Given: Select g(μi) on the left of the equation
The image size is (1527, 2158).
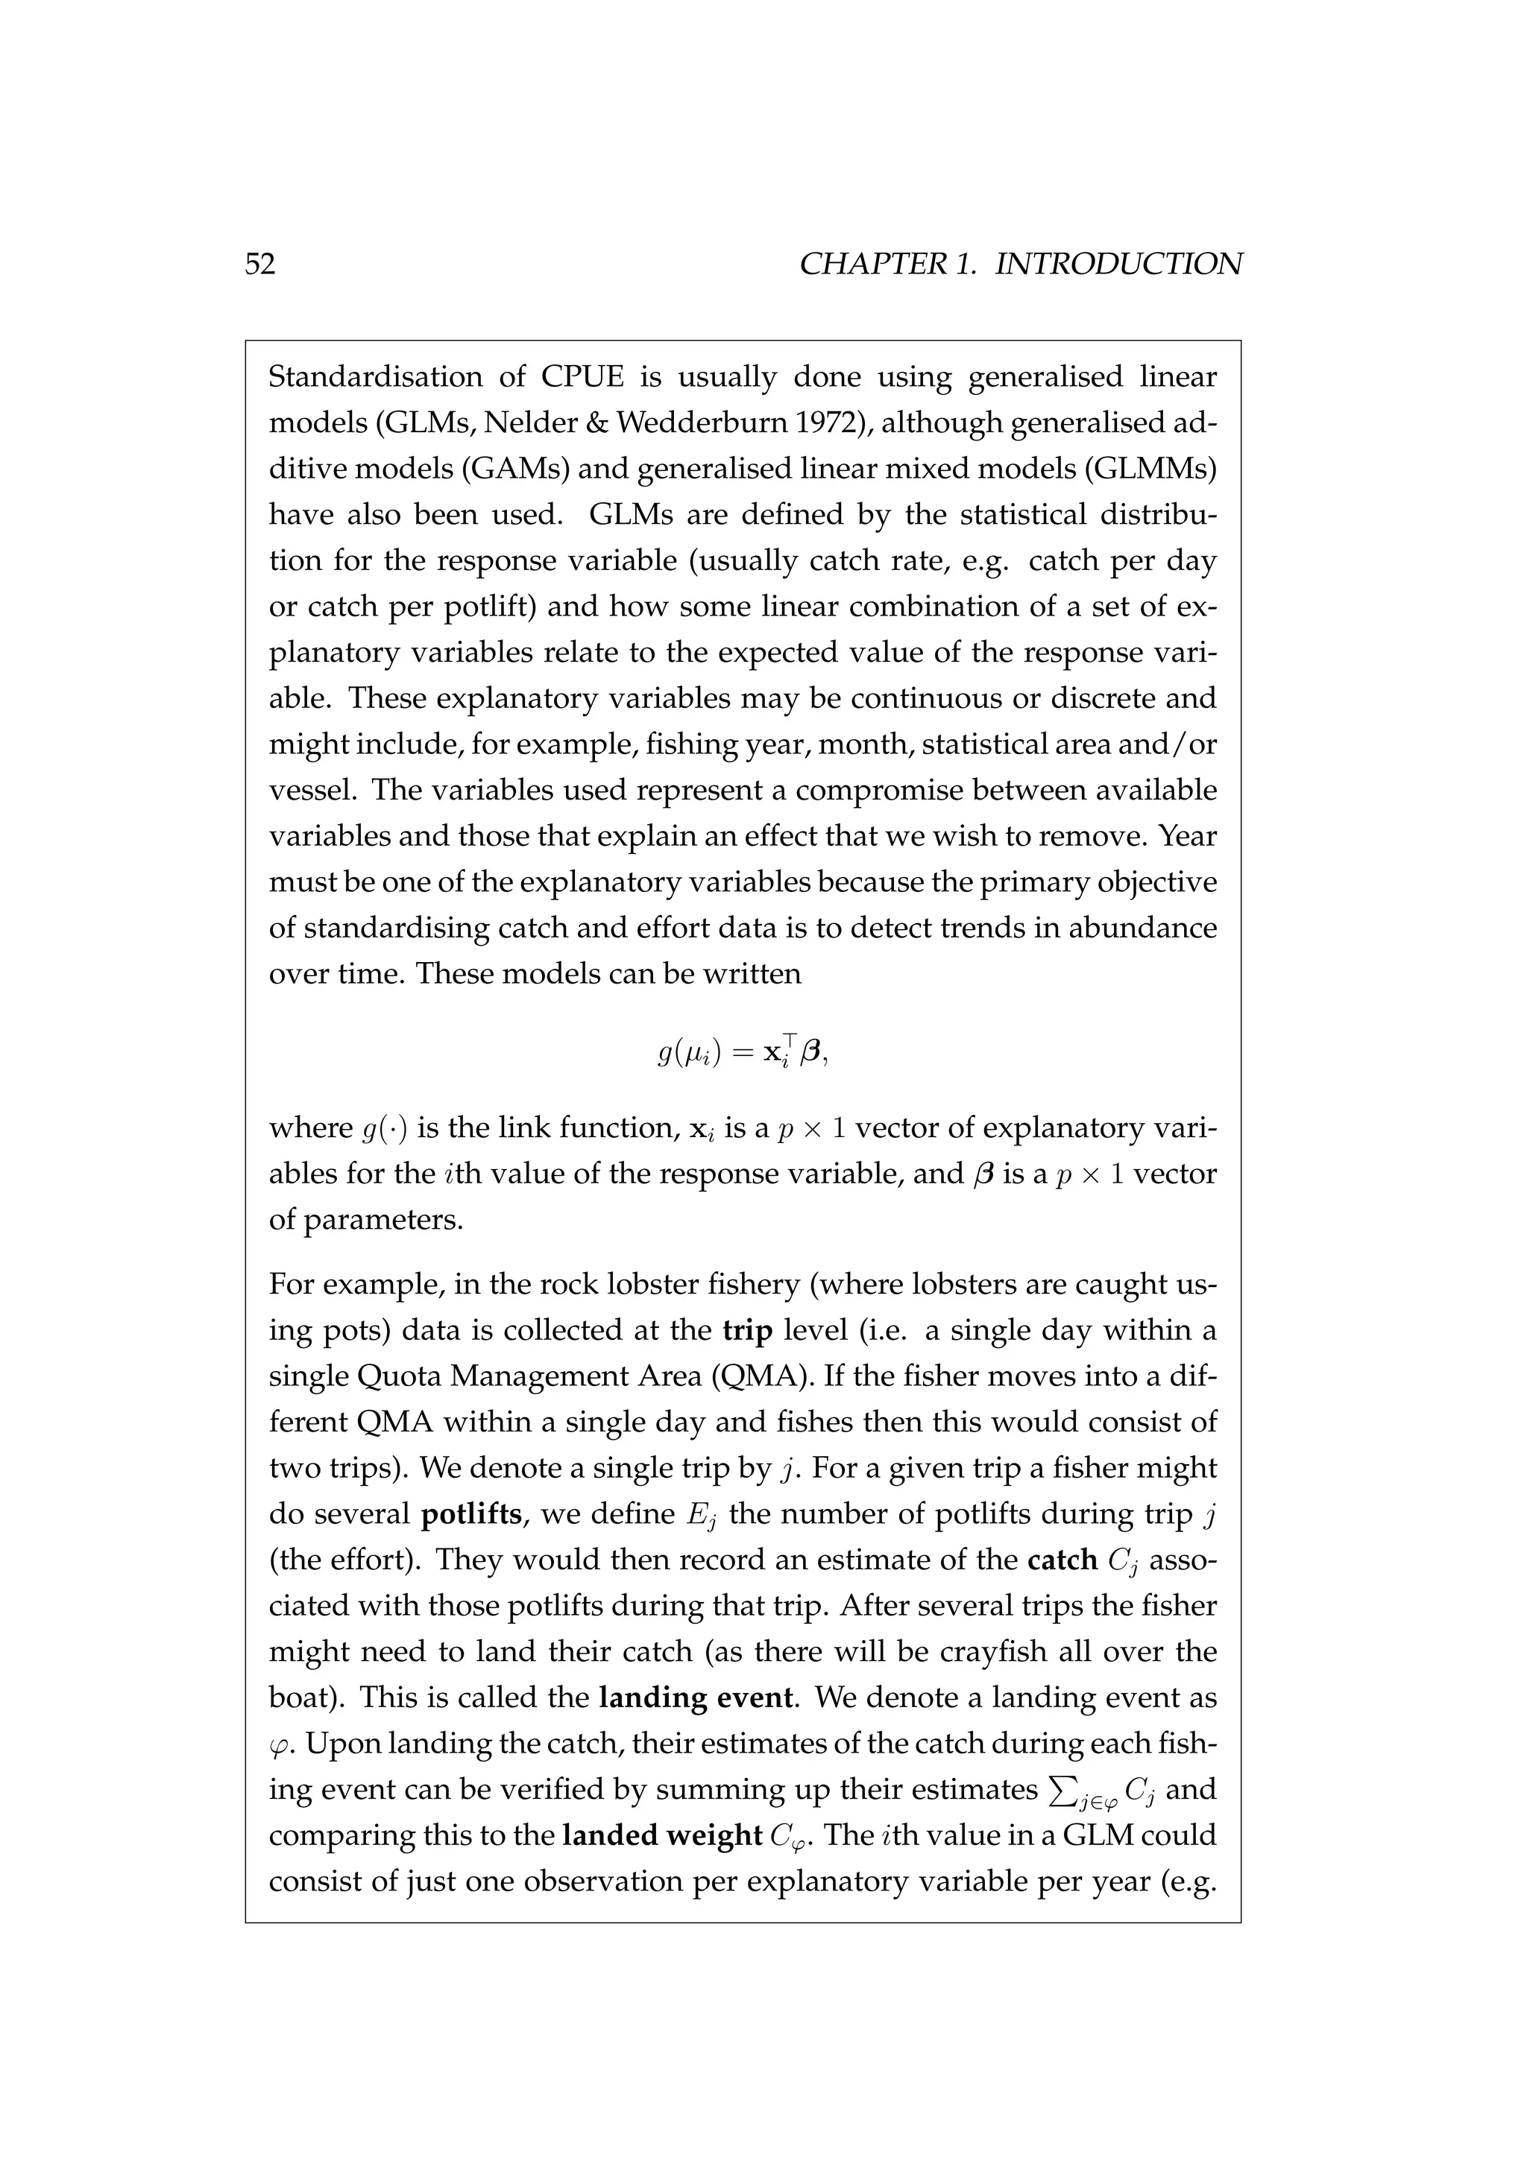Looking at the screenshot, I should [x=689, y=1054].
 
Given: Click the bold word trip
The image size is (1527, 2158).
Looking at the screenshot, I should [x=748, y=1330].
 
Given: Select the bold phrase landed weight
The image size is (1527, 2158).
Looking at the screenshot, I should [x=661, y=1835].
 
